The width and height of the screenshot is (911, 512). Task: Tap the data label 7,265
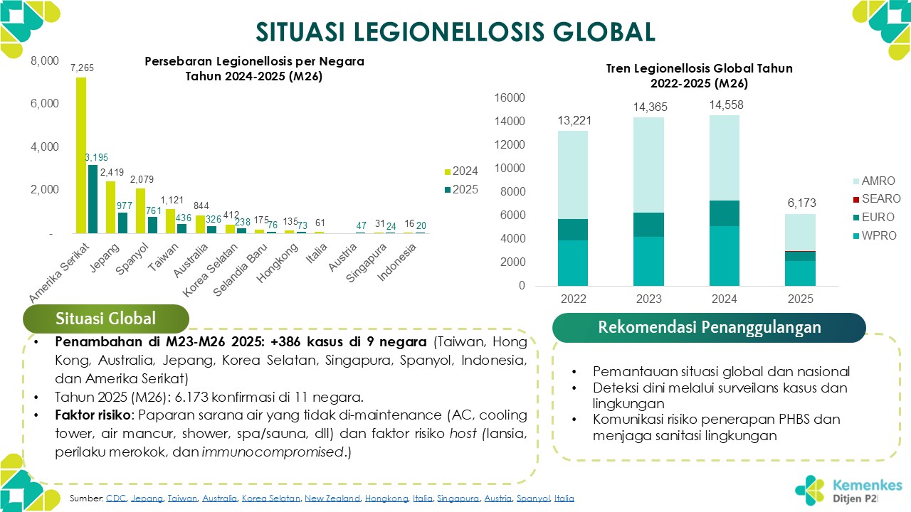(82, 68)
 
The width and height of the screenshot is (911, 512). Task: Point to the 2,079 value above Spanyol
(141, 179)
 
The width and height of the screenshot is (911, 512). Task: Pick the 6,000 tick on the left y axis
(44, 104)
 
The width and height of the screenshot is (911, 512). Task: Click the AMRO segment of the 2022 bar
(573, 175)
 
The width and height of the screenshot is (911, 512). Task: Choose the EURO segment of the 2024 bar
(724, 213)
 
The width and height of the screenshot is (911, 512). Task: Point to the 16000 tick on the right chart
(510, 98)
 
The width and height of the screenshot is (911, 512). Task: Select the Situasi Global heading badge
(106, 319)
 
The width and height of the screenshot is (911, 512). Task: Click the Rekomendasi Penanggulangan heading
(709, 328)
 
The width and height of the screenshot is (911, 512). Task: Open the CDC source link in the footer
(115, 499)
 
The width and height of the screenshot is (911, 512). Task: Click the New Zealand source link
(332, 499)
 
